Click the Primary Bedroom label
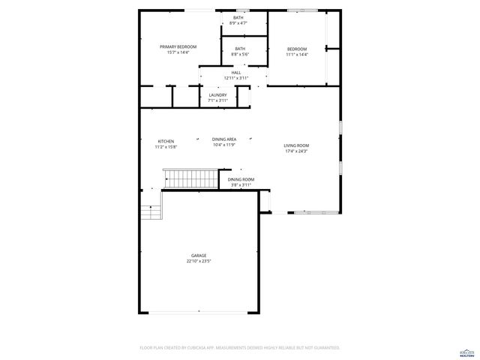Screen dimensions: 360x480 coord(178,46)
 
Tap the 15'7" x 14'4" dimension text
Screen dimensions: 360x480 coord(178,52)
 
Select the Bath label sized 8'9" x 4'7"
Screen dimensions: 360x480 coord(238,17)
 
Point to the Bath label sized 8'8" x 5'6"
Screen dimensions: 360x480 coord(239,49)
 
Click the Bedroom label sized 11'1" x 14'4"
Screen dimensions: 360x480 coord(297,49)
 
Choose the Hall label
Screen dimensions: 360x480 coord(235,72)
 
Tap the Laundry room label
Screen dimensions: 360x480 coord(217,94)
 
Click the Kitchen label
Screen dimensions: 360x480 coord(166,141)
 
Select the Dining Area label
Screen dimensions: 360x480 coord(224,139)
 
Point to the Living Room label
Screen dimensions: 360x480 coord(296,145)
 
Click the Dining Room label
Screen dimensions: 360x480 coord(241,179)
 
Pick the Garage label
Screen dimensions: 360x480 coord(199,256)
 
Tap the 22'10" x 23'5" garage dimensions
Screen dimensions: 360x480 coord(199,262)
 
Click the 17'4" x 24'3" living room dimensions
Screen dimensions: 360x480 coord(296,151)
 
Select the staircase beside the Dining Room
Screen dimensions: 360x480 coord(190,179)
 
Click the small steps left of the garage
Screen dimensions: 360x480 coord(152,212)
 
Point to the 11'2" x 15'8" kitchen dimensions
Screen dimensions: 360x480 coord(166,147)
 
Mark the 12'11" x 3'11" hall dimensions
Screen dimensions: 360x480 coord(235,78)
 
